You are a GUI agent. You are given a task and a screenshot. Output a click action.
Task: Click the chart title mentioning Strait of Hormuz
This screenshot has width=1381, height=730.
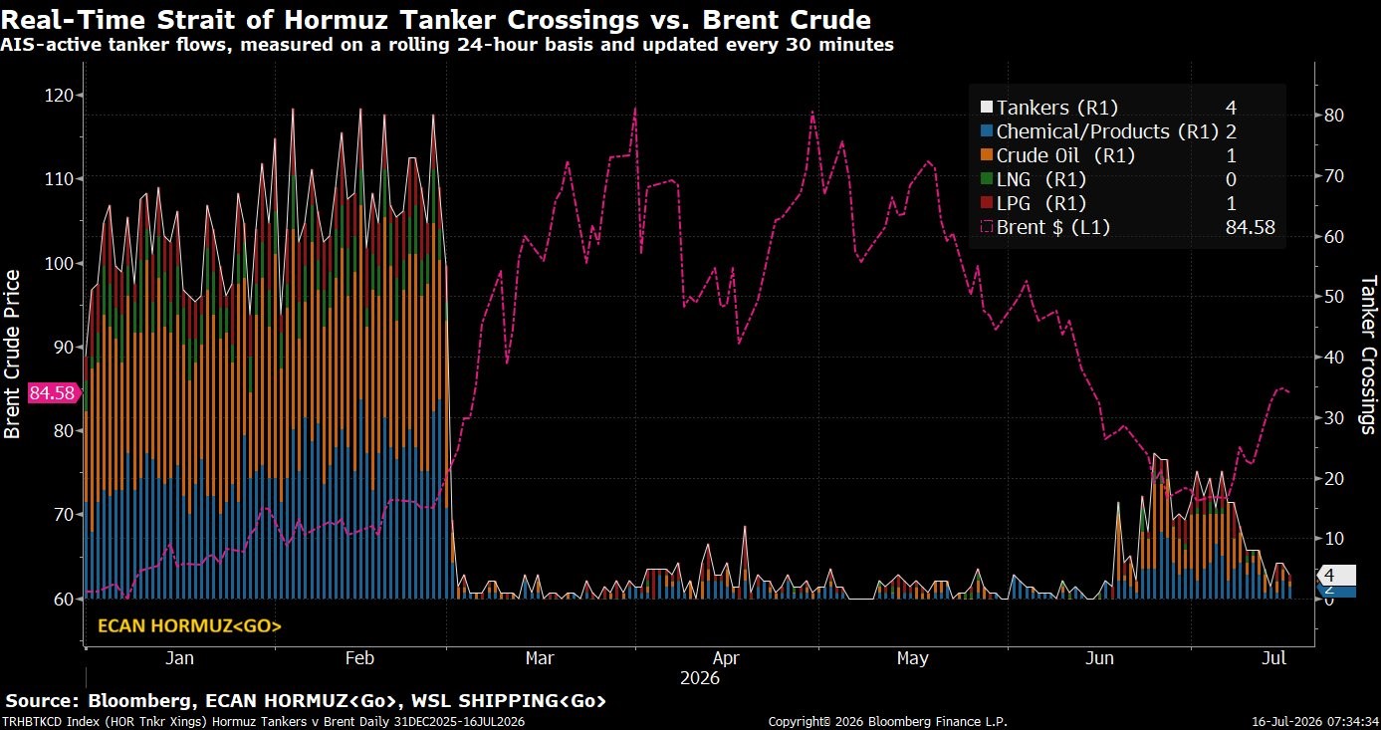[436, 20]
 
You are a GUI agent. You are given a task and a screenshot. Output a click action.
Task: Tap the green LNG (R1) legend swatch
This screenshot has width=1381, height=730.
[987, 179]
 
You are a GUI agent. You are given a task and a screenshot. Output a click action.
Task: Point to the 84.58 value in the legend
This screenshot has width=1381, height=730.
[1250, 227]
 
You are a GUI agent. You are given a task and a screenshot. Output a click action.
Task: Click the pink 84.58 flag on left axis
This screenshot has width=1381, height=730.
[53, 392]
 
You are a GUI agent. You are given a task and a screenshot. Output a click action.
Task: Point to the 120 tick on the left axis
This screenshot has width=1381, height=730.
[59, 95]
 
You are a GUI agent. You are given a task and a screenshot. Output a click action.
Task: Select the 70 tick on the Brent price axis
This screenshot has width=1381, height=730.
[63, 514]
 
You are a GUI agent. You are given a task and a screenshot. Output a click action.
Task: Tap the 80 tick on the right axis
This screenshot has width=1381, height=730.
[1333, 116]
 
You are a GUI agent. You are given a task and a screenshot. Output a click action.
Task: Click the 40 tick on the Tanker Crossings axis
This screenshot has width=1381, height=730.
[1333, 357]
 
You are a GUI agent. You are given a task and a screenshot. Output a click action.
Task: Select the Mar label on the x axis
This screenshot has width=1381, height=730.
[540, 658]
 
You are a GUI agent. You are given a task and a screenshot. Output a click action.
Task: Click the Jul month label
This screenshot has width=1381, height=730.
[1273, 658]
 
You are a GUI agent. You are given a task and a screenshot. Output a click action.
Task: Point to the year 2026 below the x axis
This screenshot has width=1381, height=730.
[700, 678]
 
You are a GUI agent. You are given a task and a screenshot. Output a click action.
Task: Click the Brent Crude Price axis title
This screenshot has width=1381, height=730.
[12, 355]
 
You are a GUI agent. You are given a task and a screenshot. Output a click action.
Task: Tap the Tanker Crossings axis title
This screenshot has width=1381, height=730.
[1368, 356]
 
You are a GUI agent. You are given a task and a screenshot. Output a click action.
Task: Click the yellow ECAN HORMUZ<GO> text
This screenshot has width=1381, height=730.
[189, 626]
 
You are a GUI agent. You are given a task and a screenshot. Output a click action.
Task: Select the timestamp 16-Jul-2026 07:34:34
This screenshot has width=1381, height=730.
[1315, 721]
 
